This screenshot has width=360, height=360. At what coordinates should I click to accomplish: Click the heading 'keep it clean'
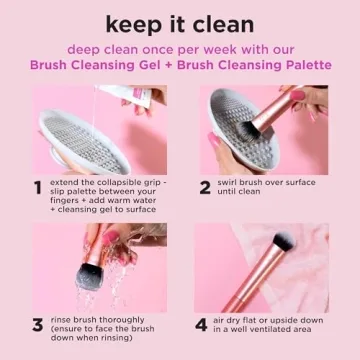[x=180, y=22]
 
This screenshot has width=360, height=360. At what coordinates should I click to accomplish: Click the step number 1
[x=37, y=187]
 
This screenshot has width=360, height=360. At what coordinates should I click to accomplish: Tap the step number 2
[x=204, y=187]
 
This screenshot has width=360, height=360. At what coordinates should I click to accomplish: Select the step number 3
[x=37, y=325]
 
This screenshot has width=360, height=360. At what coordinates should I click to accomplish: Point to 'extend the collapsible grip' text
[x=101, y=183]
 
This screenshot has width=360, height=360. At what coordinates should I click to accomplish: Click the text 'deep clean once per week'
[x=140, y=48]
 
